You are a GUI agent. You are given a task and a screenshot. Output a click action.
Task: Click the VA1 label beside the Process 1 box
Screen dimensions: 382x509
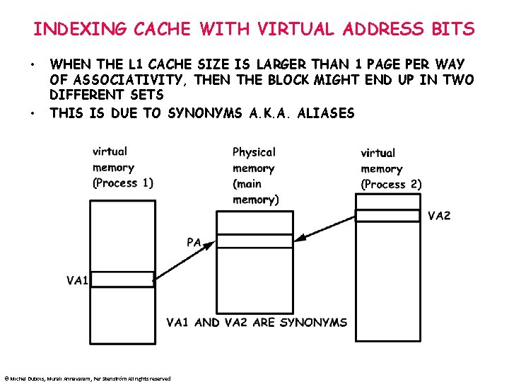[77, 281]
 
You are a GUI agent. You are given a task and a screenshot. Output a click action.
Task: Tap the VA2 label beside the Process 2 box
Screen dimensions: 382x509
[439, 216]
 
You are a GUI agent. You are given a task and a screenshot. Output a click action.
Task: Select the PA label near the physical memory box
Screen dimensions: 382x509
[194, 243]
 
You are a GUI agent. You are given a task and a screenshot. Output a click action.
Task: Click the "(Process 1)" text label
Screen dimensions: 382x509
[123, 183]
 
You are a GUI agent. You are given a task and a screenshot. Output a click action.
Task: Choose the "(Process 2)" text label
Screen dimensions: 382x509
[391, 185]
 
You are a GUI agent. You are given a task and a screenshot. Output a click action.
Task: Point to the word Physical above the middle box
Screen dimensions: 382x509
[254, 152]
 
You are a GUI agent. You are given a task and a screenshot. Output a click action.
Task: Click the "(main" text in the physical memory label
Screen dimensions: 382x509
[247, 184]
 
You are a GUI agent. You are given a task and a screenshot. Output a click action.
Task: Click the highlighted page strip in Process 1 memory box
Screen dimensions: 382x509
[122, 279]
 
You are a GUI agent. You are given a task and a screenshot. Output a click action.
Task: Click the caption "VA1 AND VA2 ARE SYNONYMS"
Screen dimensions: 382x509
[257, 323]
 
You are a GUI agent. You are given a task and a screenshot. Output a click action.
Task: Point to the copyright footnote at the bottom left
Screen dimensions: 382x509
[87, 378]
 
